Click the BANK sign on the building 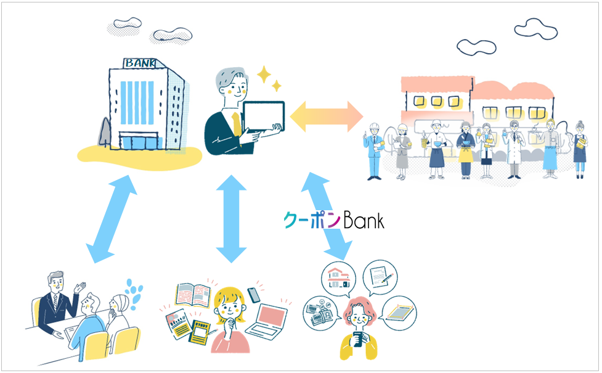point(140,63)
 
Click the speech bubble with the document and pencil point(380,275)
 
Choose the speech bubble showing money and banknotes point(320,309)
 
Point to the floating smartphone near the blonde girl point(253,295)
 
